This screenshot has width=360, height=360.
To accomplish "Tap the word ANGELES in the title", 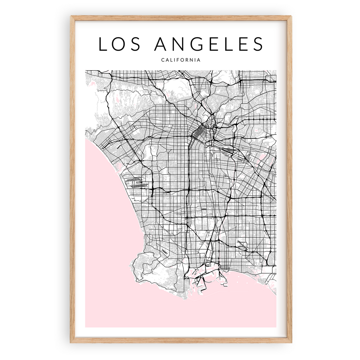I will (x=209, y=44).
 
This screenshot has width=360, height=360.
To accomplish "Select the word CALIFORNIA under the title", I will (x=181, y=60).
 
